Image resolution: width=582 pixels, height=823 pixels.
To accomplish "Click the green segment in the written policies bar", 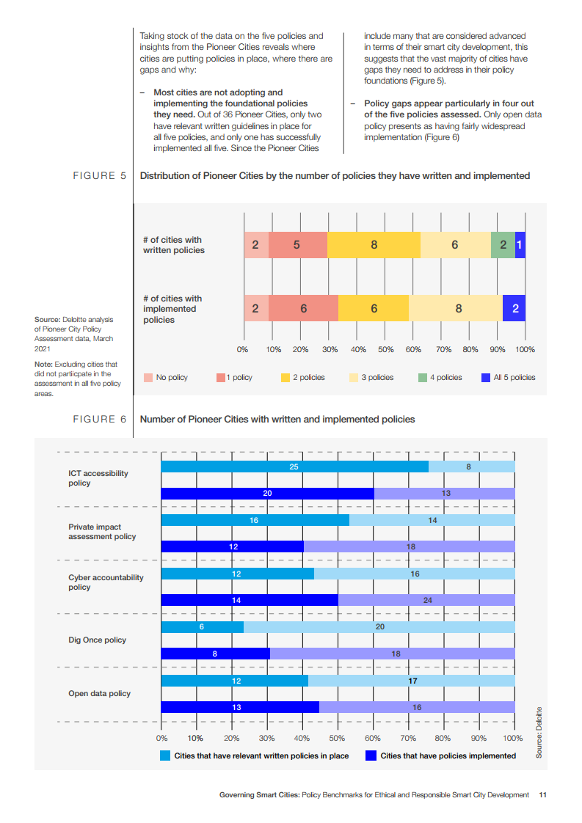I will [503, 245].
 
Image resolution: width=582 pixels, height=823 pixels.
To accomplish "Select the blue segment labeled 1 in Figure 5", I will [520, 245].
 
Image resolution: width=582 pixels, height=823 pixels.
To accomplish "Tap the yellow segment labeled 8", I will [374, 245].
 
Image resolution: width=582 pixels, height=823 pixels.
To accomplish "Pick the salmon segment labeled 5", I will [297, 245].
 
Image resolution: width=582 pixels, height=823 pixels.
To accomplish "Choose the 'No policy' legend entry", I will [166, 378].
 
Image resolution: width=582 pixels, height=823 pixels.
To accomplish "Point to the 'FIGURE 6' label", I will [99, 420].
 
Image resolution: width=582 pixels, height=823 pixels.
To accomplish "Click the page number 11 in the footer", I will [542, 794].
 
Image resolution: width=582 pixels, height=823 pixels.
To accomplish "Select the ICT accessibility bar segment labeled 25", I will [294, 467].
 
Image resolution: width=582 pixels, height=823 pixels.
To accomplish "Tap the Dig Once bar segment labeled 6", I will [202, 627].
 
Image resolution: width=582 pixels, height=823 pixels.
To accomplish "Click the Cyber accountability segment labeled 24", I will [427, 600].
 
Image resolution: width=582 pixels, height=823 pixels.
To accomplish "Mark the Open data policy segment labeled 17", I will [412, 681].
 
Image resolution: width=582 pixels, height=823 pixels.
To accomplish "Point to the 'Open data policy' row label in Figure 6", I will [100, 693].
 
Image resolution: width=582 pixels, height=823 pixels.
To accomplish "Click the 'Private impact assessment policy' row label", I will [102, 532].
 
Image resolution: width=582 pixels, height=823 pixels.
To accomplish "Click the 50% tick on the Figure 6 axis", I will [338, 738].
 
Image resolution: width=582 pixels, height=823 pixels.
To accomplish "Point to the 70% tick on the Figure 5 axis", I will [444, 350].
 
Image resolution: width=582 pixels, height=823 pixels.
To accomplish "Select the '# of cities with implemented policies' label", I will [172, 309].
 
